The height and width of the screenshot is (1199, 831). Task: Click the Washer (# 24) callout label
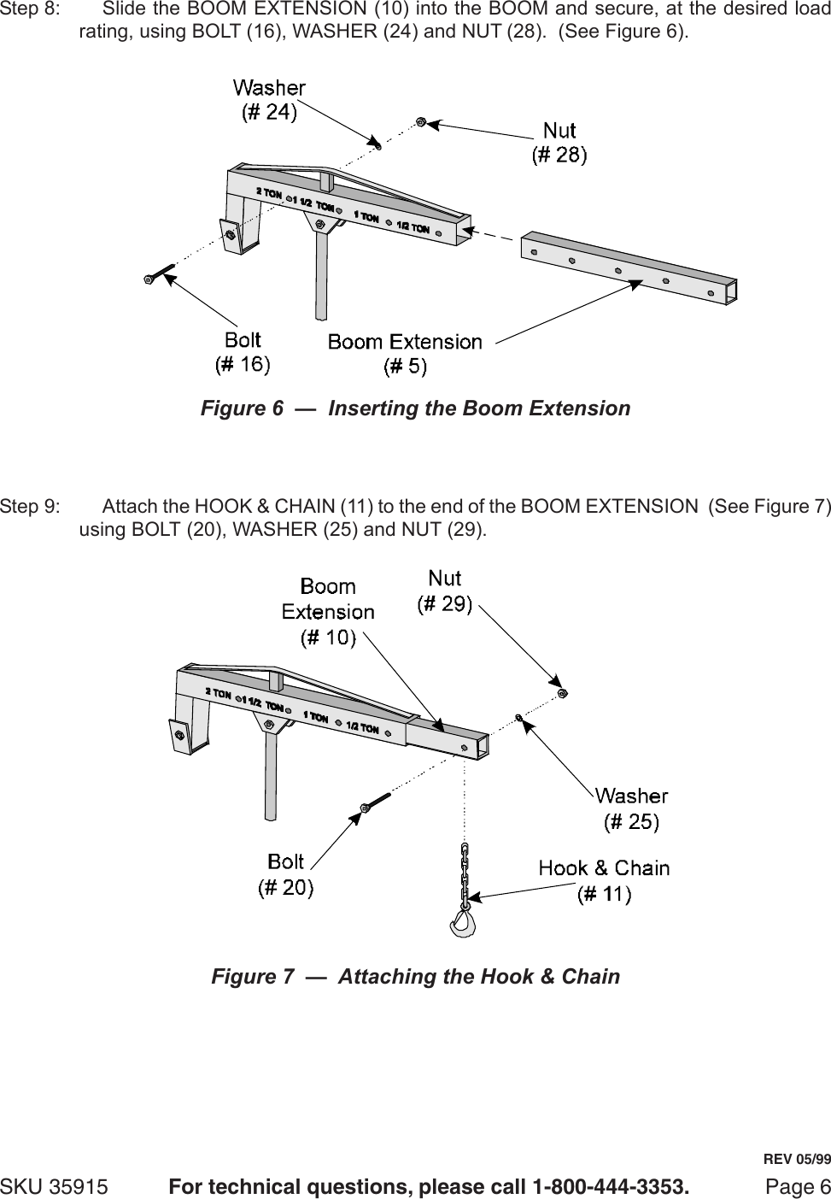[269, 99]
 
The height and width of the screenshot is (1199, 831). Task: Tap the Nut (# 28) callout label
[559, 142]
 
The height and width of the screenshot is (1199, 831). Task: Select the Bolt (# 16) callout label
[243, 352]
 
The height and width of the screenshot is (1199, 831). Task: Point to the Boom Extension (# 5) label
[405, 354]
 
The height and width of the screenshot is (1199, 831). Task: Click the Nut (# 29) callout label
[444, 591]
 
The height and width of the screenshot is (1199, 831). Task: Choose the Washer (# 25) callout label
[631, 808]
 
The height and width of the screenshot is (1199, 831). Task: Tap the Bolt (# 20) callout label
[285, 874]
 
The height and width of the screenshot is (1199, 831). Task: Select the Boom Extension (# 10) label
[328, 612]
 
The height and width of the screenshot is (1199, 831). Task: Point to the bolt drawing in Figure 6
[160, 274]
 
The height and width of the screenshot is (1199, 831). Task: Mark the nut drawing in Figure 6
[420, 122]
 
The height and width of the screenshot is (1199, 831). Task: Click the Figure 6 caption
[415, 408]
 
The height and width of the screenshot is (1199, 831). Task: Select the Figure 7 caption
[415, 976]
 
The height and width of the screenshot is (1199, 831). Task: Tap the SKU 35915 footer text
[54, 1187]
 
